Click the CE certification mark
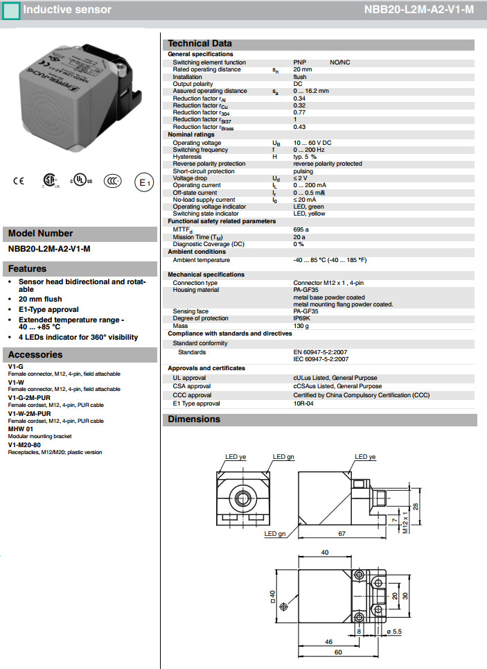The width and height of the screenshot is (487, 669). pos(18,182)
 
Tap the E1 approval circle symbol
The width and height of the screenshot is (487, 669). pos(143,182)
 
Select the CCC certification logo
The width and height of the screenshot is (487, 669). pos(112,181)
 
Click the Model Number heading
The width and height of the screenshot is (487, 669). pos(40,234)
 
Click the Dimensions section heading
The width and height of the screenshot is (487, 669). pos(194,419)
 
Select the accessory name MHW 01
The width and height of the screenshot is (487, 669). pos(20,429)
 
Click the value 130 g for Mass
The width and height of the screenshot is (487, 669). pos(301,326)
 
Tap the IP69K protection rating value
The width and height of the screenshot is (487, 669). pos(302,318)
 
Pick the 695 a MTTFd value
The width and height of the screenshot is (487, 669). pos(301,229)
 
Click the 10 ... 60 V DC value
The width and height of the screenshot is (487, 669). pos(313,143)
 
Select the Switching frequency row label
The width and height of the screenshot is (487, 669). pos(200,150)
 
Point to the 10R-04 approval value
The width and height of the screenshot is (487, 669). pos(304,403)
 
